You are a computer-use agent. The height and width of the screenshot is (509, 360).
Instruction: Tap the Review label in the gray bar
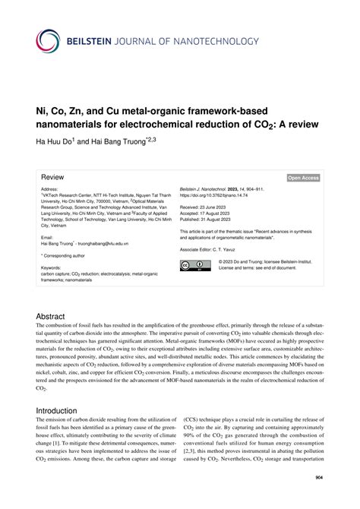52,177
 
